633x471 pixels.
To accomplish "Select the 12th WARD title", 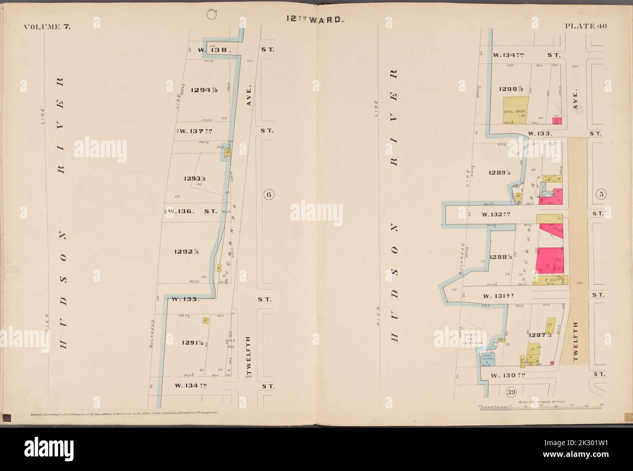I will click(x=316, y=20).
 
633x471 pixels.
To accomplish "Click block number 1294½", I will click(x=204, y=90).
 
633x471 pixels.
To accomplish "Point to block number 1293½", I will click(x=195, y=179).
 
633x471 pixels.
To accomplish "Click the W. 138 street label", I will click(x=210, y=50).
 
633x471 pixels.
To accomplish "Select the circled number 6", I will click(x=268, y=195).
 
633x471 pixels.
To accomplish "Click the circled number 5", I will click(x=601, y=194).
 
